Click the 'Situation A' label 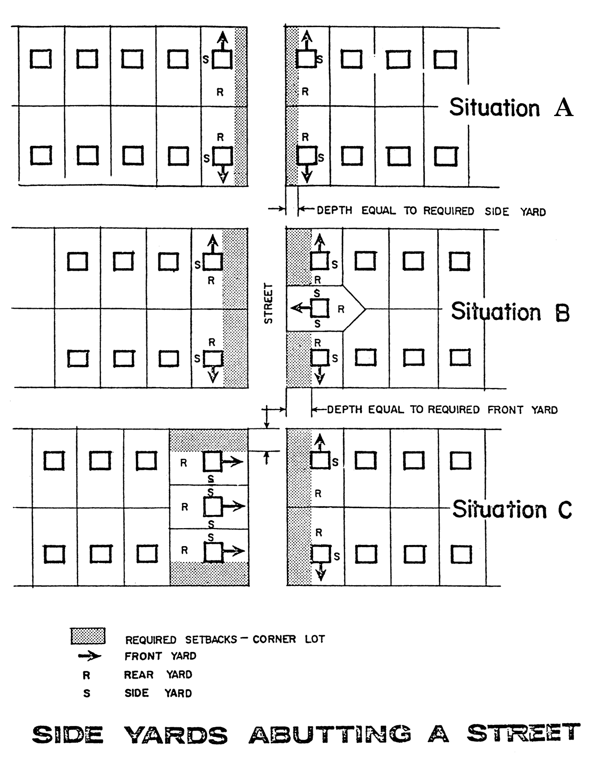pos(511,108)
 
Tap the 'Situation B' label pos(510,312)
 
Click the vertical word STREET pos(268,303)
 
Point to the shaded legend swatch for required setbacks pos(88,636)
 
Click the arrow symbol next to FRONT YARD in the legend pos(89,656)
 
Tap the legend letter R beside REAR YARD pos(86,675)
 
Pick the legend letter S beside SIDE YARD pos(87,693)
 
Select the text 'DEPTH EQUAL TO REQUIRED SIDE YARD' pos(431,211)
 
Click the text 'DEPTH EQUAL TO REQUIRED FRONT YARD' pos(442,409)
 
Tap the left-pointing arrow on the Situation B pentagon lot pos(301,309)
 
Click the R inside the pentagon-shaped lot pos(341,309)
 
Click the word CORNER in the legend pos(274,639)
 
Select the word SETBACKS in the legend pos(211,639)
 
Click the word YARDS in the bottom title pos(176,735)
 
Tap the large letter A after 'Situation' pos(563,109)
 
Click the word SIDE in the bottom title pos(68,735)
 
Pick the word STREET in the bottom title pos(524,732)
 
